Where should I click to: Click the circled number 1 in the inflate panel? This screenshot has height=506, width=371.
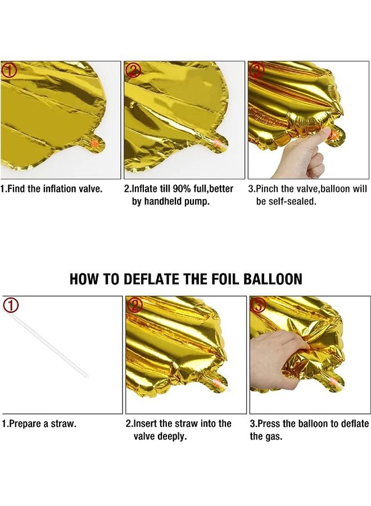pyautogui.click(x=10, y=70)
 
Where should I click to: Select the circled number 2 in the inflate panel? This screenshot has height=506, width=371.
pyautogui.click(x=133, y=70)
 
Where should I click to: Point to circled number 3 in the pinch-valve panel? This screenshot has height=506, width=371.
pyautogui.click(x=256, y=70)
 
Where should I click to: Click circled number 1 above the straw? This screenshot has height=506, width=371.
pyautogui.click(x=11, y=305)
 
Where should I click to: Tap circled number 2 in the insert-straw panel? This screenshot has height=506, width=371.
pyautogui.click(x=134, y=305)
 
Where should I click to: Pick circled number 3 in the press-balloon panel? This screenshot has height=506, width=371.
pyautogui.click(x=257, y=305)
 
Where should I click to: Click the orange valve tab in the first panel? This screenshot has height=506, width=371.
pyautogui.click(x=96, y=144)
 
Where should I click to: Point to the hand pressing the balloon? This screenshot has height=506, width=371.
pyautogui.click(x=275, y=354)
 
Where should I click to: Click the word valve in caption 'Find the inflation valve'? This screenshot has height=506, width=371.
pyautogui.click(x=91, y=189)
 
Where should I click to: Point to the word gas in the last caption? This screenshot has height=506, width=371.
pyautogui.click(x=274, y=436)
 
